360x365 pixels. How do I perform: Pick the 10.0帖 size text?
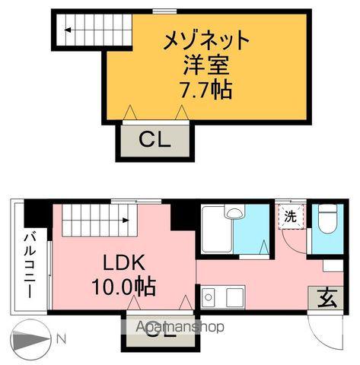126,287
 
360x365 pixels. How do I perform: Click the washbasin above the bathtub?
236,214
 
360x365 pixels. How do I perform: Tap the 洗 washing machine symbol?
291,217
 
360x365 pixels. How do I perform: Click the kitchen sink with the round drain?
210,297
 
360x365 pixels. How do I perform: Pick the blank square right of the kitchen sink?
234,297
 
